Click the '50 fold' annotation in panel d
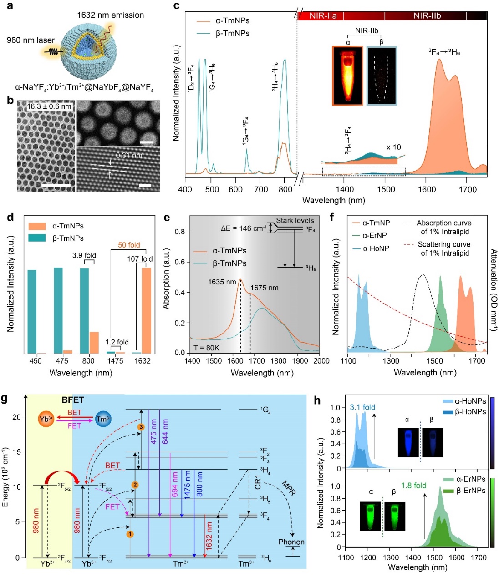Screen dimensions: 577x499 [x=129, y=245]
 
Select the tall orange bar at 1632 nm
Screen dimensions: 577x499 [x=146, y=310]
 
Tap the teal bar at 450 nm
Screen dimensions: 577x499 [x=32, y=311]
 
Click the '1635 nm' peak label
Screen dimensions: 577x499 [x=222, y=282]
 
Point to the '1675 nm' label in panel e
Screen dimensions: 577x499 [x=265, y=288]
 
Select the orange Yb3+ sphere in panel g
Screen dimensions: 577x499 [x=46, y=419]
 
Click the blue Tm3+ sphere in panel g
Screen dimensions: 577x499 [x=103, y=419]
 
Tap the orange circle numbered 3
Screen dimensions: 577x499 [x=141, y=427]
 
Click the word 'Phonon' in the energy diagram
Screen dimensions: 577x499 [x=291, y=542]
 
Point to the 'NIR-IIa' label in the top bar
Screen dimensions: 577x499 [x=323, y=16]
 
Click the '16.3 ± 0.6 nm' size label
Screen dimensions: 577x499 [x=49, y=106]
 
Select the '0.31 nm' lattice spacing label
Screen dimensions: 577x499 [x=129, y=156]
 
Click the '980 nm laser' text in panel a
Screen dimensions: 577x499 [x=31, y=40]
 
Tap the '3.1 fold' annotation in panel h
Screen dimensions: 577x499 [x=362, y=407]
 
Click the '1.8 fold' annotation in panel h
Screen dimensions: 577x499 [x=414, y=486]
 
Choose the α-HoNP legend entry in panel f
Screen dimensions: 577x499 [x=376, y=248]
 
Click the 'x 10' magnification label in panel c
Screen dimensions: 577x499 [x=394, y=147]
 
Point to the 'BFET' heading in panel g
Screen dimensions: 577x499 [x=73, y=400]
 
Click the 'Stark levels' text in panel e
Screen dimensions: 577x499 [x=295, y=221]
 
